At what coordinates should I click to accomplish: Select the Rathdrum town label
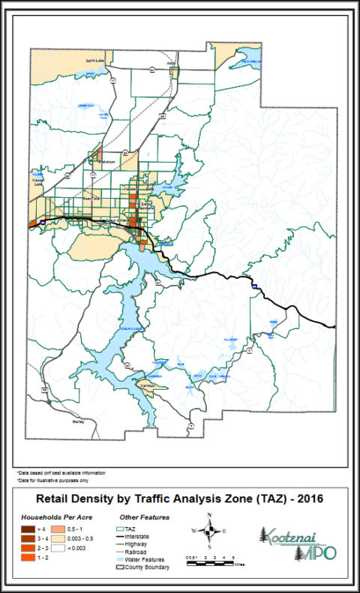pos(107,161)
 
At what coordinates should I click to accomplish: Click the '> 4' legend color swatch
pos(26,529)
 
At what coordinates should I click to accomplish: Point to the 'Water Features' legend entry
pos(144,559)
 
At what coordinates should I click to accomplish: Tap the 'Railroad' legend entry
pos(141,552)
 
